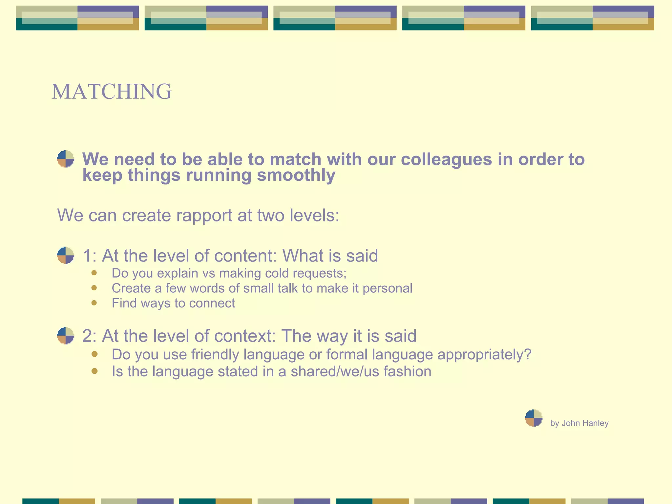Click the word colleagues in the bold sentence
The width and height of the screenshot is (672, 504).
446,160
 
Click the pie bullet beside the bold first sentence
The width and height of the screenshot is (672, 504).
65,159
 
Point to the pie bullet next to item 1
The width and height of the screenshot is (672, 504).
65,255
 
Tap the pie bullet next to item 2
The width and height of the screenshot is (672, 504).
65,335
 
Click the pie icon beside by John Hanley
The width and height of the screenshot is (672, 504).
534,418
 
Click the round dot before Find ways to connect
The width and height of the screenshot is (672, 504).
94,303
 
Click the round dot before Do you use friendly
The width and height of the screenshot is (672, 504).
94,354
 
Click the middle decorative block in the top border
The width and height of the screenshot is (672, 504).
335,18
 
